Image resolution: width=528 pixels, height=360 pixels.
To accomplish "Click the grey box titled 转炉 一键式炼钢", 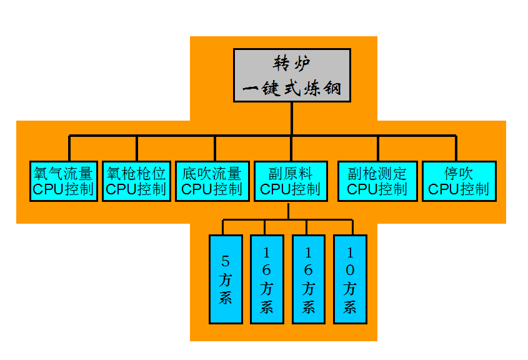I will click(x=292, y=75).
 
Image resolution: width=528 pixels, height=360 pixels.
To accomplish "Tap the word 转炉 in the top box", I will click(x=292, y=64).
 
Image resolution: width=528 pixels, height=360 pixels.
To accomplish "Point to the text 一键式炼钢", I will click(x=292, y=89).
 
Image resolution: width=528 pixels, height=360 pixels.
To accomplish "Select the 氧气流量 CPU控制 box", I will click(x=63, y=181).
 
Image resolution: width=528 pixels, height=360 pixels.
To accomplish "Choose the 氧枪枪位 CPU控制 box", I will click(x=136, y=181).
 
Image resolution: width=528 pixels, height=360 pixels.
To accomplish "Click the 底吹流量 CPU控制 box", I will click(x=211, y=181).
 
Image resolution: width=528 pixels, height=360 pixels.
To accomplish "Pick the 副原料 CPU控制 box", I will click(x=290, y=181).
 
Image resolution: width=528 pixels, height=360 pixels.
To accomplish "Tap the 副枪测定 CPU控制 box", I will click(x=377, y=181).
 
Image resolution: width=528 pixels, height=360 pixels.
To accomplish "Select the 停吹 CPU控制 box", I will click(x=459, y=181).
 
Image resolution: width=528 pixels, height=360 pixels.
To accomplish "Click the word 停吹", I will click(x=459, y=173).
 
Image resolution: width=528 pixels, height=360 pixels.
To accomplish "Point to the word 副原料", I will click(x=290, y=173).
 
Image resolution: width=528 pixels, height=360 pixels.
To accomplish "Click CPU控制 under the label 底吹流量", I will click(x=211, y=189).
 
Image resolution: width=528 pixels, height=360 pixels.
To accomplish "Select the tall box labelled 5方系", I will click(x=226, y=279).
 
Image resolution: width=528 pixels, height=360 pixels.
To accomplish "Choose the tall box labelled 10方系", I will click(x=350, y=279).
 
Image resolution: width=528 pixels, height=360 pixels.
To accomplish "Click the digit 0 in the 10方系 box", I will click(x=350, y=270).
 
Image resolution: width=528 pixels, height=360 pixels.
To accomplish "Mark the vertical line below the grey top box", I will click(x=292, y=119).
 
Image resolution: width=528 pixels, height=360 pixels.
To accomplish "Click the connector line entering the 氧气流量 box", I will click(x=69, y=149).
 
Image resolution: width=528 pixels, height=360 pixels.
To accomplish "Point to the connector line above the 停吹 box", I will click(x=456, y=149).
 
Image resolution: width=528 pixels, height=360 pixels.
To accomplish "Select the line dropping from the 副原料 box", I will click(x=288, y=211).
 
